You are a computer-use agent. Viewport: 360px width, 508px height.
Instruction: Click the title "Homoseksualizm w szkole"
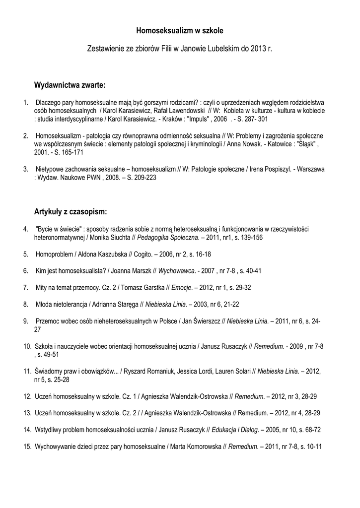pos(180,31)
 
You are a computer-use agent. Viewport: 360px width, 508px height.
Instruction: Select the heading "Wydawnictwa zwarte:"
pos(70,85)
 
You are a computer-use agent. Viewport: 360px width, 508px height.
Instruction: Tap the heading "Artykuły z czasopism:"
pos(71,212)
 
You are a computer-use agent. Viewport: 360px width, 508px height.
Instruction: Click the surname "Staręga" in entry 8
pos(129,304)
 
